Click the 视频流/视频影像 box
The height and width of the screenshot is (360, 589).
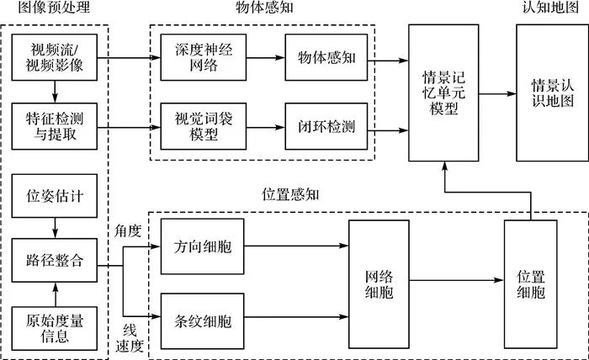[54, 57]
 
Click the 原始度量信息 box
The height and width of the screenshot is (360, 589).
[54, 329]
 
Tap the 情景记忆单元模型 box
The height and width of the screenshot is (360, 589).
[443, 93]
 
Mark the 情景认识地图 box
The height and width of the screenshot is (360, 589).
[547, 93]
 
